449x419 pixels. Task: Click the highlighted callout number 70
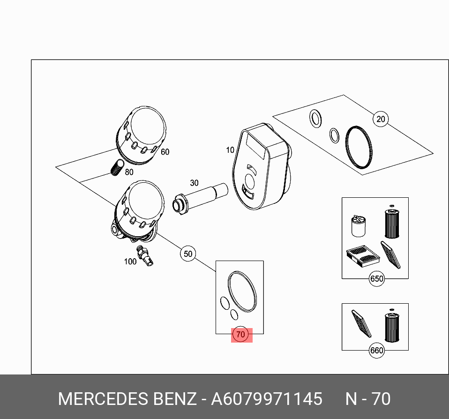click(x=240, y=335)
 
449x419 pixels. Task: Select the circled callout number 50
click(x=187, y=254)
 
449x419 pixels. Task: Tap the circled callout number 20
click(x=381, y=119)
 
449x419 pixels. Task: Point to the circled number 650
click(x=377, y=279)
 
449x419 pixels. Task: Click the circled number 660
click(x=377, y=350)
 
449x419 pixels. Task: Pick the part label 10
click(x=230, y=150)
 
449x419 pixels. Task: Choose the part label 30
click(x=194, y=183)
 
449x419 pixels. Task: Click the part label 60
click(x=165, y=152)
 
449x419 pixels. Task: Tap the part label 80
click(x=129, y=172)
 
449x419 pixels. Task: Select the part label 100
click(x=130, y=262)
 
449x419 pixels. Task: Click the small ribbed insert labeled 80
click(x=117, y=167)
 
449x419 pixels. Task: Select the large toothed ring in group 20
click(x=360, y=147)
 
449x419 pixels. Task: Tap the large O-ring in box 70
click(x=243, y=291)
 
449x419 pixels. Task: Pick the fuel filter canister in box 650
click(x=359, y=226)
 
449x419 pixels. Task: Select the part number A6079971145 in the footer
click(x=267, y=399)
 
